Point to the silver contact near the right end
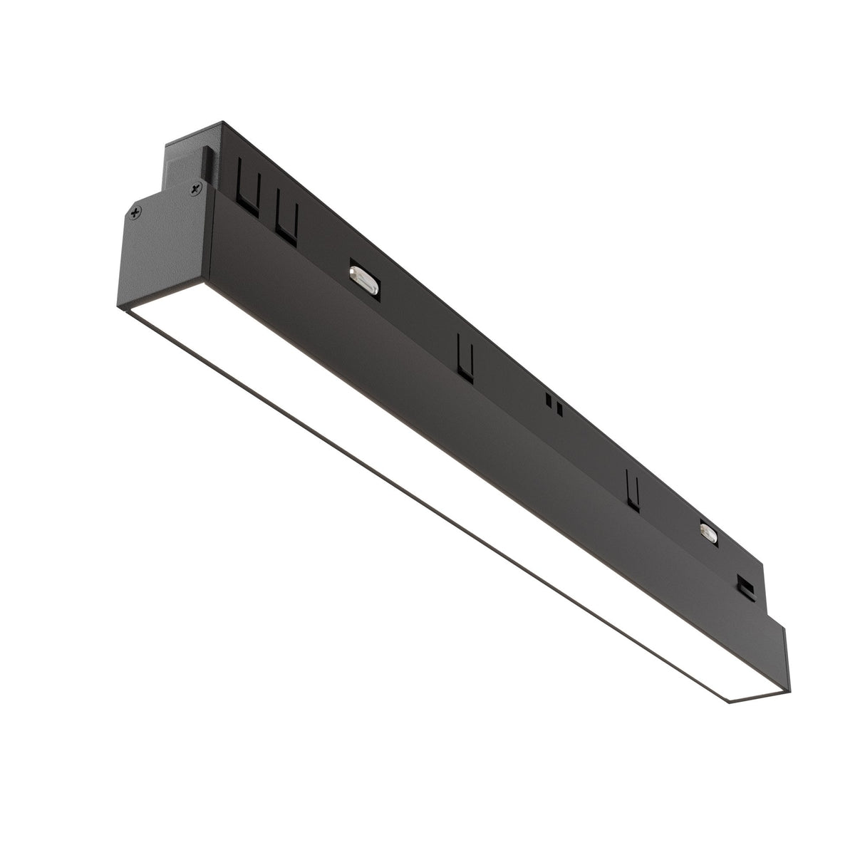tap(709, 532)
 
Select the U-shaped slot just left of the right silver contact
tap(631, 488)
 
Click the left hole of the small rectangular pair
tap(548, 399)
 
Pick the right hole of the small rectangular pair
tap(560, 409)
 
